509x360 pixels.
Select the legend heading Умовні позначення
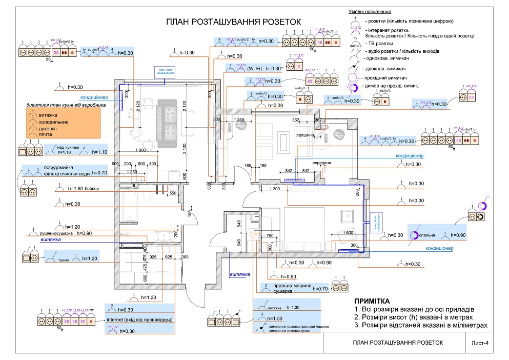370,11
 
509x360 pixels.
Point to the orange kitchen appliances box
63,123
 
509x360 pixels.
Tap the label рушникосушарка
55,233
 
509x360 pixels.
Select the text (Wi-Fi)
254,68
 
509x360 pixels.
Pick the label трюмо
64,259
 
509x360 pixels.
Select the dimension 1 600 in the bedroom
347,233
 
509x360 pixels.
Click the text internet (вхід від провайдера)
139,321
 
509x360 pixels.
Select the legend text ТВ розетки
379,44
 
